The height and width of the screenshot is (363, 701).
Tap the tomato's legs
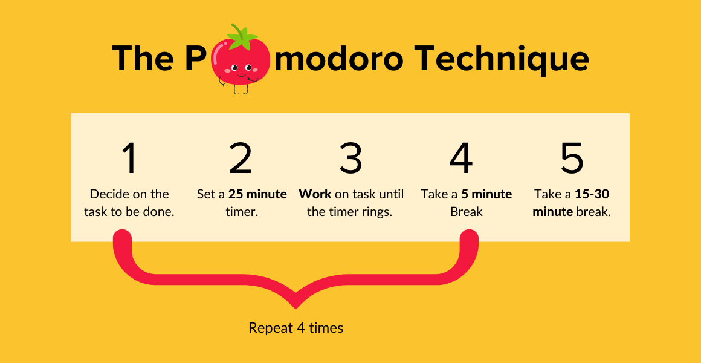pyautogui.click(x=241, y=89)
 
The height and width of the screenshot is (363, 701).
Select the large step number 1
pyautogui.click(x=130, y=158)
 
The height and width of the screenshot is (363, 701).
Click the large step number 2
pyautogui.click(x=241, y=158)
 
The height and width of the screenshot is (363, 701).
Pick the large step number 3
pyautogui.click(x=350, y=158)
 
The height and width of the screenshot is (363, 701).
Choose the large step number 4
pyautogui.click(x=461, y=158)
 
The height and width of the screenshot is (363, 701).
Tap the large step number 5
pyautogui.click(x=572, y=158)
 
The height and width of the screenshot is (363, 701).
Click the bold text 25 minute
pyautogui.click(x=257, y=194)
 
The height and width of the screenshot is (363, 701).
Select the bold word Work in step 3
pyautogui.click(x=315, y=194)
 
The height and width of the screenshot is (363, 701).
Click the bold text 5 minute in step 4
pyautogui.click(x=486, y=194)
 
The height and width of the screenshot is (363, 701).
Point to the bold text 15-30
pyautogui.click(x=592, y=194)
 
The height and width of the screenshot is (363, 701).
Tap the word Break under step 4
pyautogui.click(x=467, y=211)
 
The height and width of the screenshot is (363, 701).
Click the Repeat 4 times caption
pyautogui.click(x=296, y=328)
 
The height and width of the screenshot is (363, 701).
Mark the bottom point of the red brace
pyautogui.click(x=296, y=309)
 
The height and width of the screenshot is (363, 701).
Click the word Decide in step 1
pyautogui.click(x=107, y=194)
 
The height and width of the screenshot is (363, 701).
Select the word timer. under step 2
pyautogui.click(x=242, y=211)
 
